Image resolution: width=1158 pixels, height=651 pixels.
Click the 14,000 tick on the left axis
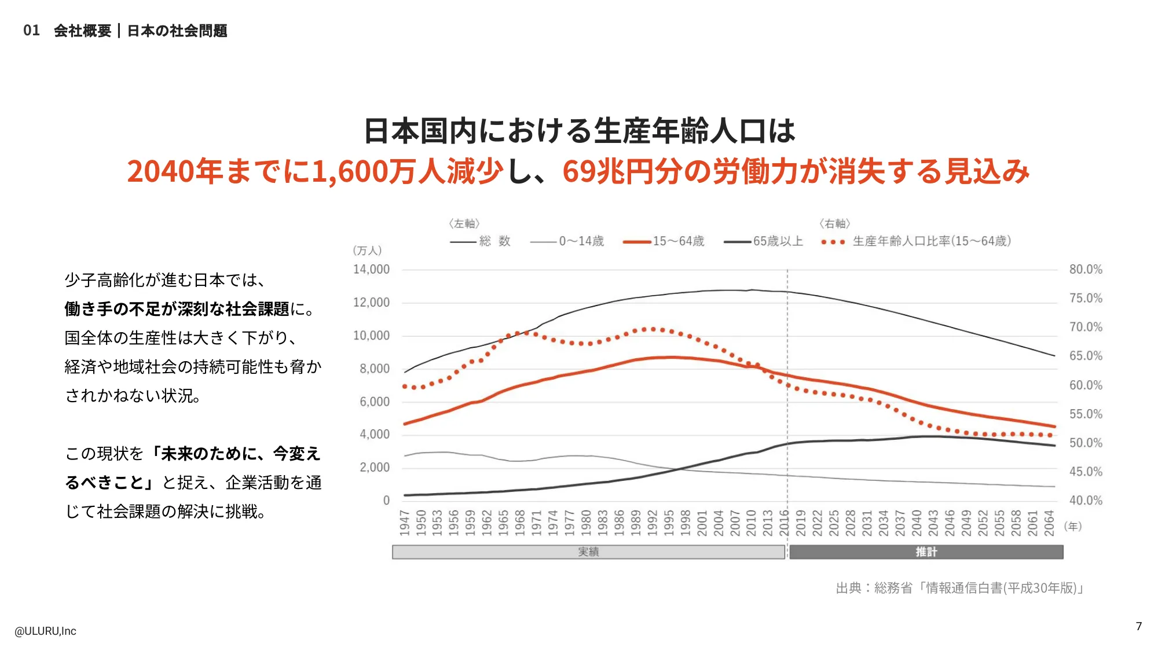coord(371,270)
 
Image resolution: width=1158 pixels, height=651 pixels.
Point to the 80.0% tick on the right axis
coord(1086,270)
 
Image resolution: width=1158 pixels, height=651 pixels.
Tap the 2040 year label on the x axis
coord(917,523)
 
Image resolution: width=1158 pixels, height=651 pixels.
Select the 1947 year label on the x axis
coord(405,523)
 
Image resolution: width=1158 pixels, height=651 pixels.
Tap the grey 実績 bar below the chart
coord(588,552)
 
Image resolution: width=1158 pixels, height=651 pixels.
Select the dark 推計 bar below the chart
coord(926,552)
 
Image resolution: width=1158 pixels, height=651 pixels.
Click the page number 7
coord(1139,626)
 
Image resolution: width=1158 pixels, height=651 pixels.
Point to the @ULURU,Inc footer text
coord(45,631)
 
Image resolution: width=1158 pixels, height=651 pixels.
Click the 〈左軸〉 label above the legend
coord(464,223)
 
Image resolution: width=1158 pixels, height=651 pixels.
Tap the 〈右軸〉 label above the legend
coord(835,223)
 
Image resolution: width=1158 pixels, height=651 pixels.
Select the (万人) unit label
coord(367,251)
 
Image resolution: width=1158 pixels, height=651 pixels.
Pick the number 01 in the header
coord(31,31)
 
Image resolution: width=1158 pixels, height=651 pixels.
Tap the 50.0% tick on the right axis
coord(1086,443)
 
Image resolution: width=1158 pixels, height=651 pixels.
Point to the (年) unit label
coord(1073,527)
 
